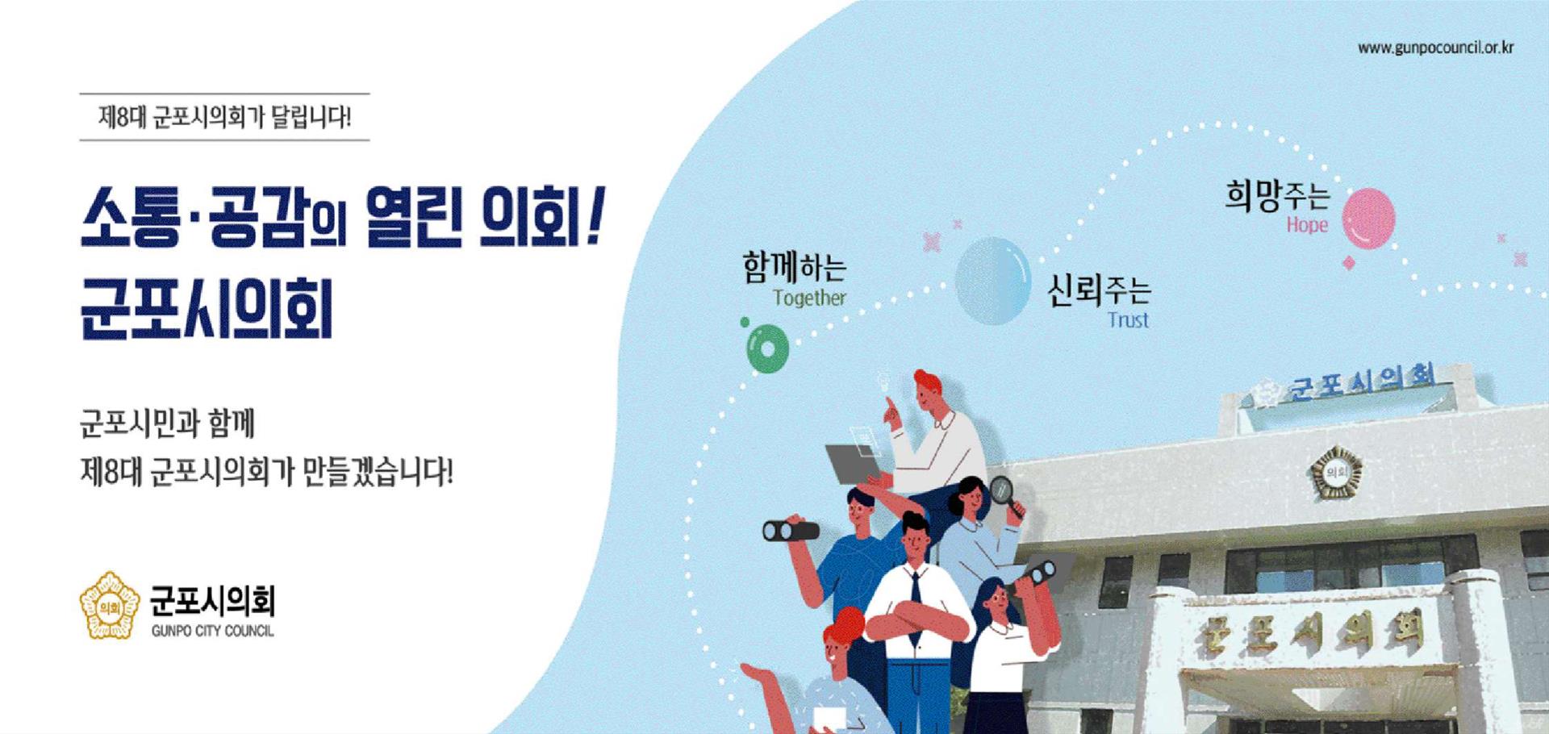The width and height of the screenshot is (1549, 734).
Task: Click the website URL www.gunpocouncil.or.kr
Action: pos(1435,48)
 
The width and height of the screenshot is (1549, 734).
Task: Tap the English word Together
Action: pos(809,298)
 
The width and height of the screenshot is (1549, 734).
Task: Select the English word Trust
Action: pos(1128,320)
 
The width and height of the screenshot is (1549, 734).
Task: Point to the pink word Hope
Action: pos(1307,225)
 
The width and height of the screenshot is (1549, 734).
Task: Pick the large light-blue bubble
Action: pos(993,281)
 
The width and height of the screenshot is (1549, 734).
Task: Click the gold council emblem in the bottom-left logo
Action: pos(110,605)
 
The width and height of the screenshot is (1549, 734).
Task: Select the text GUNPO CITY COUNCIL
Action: pos(212,631)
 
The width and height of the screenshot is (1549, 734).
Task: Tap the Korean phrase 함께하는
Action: pos(795,268)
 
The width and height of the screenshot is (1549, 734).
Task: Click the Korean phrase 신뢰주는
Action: pos(1099,290)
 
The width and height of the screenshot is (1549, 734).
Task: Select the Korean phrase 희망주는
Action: pos(1277,195)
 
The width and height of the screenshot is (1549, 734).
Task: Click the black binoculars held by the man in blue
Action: pos(791,530)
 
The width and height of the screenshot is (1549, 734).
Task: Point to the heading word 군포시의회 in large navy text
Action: pos(207,310)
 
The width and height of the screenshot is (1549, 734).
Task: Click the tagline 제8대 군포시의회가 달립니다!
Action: pos(224,117)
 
